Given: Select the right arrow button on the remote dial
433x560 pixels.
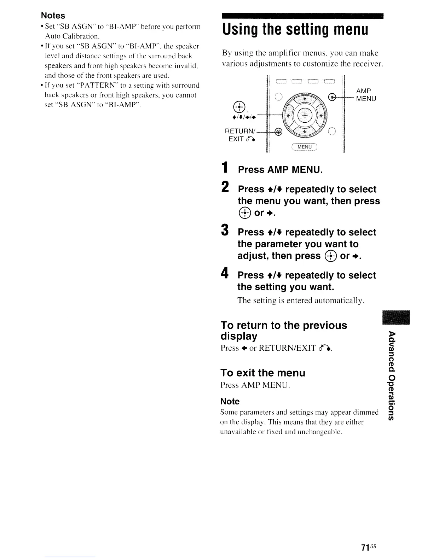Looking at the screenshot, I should pyautogui.click(x=321, y=116).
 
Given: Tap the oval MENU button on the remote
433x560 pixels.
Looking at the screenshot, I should pyautogui.click(x=305, y=147).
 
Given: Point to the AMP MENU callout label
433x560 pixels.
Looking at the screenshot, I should pyautogui.click(x=366, y=95).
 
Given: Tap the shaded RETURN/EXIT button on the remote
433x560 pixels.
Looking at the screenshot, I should pyautogui.click(x=279, y=132).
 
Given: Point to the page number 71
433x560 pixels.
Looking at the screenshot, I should pyautogui.click(x=365, y=547).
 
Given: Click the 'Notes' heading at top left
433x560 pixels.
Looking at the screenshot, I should pyautogui.click(x=53, y=16).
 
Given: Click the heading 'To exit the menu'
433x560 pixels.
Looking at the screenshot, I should pyautogui.click(x=262, y=373).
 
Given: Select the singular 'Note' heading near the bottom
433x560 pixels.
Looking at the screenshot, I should pyautogui.click(x=230, y=401).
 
